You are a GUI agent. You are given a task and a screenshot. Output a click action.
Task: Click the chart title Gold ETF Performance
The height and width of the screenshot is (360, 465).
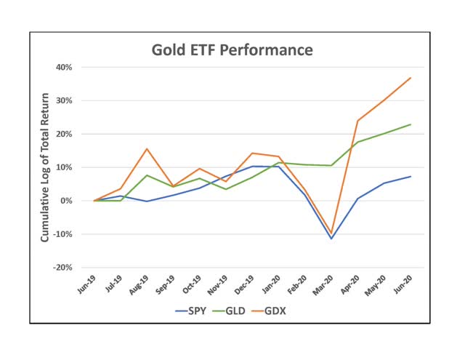click(232, 50)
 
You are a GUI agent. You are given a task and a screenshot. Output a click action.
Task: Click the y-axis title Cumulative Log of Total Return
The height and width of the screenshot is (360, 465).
click(45, 167)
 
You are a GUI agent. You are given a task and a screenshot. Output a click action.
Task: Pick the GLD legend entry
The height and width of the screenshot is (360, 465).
click(232, 312)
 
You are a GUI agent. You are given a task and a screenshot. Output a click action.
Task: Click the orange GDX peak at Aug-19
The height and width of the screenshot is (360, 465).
click(147, 149)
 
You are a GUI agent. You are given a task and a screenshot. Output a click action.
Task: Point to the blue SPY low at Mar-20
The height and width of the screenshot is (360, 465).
click(332, 239)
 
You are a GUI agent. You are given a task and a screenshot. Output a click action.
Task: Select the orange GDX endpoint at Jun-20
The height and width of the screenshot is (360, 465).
click(411, 78)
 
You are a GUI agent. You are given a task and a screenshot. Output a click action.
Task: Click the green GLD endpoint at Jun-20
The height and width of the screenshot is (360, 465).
click(411, 124)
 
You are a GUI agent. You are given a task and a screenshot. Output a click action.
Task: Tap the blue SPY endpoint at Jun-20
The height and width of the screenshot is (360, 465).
click(411, 176)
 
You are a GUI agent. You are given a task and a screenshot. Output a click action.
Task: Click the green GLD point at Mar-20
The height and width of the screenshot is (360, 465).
click(332, 165)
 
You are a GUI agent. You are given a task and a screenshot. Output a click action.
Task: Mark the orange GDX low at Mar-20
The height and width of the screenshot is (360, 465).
click(332, 233)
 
